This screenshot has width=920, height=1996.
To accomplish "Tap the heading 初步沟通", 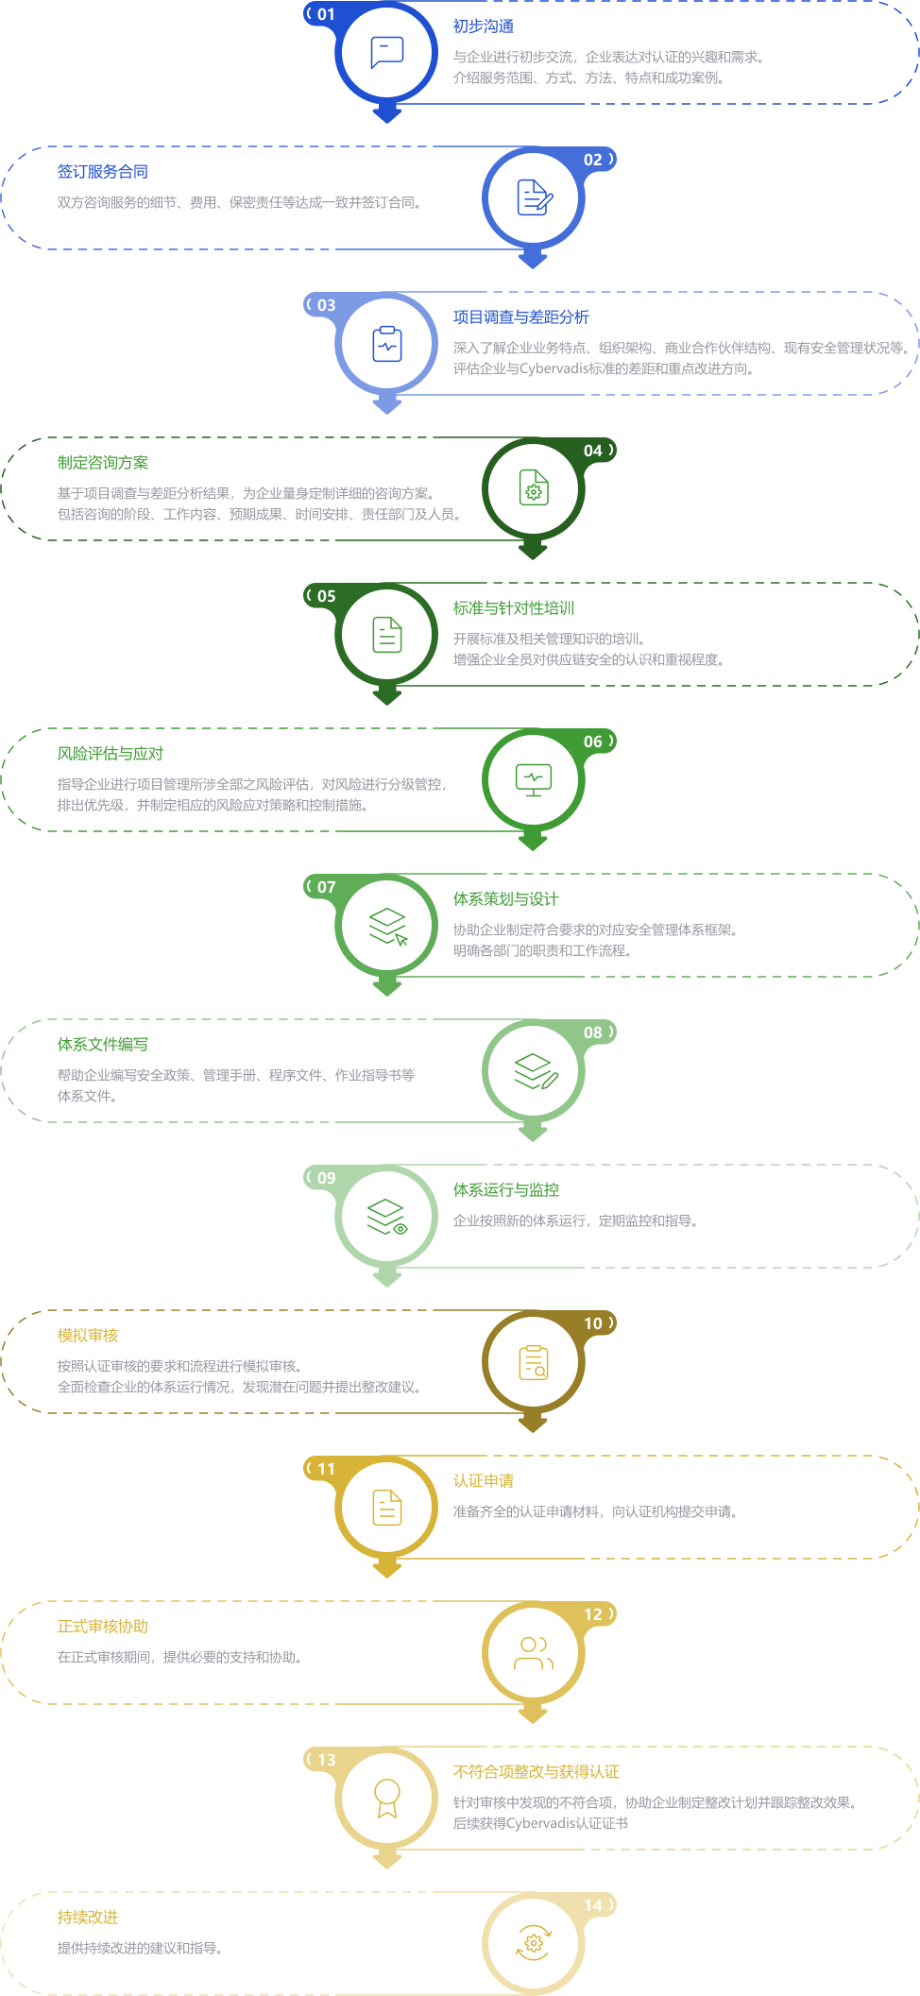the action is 484,26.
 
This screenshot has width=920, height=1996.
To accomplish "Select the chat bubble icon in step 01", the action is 387,52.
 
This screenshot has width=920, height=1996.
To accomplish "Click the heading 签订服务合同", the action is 103,172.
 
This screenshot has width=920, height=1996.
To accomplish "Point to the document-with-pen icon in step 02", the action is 535,197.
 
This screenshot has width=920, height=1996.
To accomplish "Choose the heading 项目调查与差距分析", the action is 521,317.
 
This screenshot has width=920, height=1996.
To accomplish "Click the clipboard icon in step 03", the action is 387,344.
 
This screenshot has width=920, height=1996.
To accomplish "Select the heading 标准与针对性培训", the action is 514,608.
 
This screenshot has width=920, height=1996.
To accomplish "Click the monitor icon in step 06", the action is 534,780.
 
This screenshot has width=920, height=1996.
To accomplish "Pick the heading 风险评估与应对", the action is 111,754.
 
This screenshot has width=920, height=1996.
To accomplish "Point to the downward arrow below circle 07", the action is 387,984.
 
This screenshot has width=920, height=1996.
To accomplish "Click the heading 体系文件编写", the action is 103,1045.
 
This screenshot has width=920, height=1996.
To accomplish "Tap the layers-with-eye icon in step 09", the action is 387,1217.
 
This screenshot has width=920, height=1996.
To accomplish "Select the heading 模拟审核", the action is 88,1336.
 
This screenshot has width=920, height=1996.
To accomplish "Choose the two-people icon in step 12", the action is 534,1653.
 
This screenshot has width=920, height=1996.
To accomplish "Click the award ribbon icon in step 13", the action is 387,1799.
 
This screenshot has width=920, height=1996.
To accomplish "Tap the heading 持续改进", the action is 88,1918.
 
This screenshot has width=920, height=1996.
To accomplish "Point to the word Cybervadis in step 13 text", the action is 541,1823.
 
